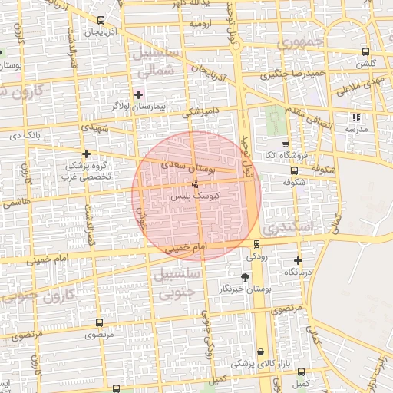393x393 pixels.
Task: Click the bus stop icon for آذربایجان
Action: pos(101,21)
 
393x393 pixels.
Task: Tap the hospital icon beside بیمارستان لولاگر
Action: pos(138,94)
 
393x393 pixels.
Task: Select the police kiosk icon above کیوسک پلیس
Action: pos(195,184)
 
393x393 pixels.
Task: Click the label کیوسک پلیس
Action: pos(197,196)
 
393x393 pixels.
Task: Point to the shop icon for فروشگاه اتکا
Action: pos(286,144)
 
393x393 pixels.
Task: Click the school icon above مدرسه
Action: pos(355,117)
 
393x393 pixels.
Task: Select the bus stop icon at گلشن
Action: pos(365,52)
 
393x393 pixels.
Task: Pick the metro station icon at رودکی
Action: pos(257,245)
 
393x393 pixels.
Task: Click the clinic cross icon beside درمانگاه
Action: pos(298,260)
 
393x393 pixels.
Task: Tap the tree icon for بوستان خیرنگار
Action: pos(245,276)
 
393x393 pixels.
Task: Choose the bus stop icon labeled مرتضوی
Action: pos(98,323)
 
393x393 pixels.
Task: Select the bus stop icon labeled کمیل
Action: pos(301,372)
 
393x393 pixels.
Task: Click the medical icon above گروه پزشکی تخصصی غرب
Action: pos(86,154)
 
